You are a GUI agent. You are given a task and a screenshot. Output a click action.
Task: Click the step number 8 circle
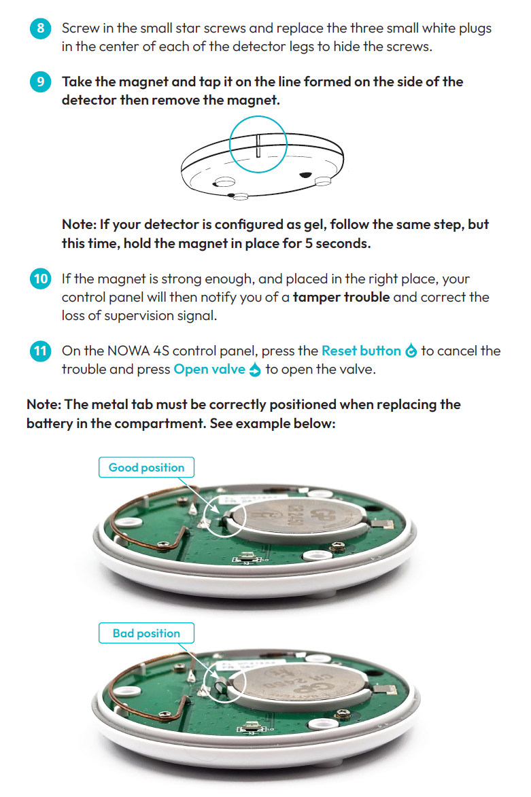40,29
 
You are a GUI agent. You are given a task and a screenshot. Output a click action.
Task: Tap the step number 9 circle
40,82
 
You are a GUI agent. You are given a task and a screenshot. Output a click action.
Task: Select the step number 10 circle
40,279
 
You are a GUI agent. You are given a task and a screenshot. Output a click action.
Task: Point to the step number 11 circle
40,351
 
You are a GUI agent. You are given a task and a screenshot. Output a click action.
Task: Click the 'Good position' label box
146,467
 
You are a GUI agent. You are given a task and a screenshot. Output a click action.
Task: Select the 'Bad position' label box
146,633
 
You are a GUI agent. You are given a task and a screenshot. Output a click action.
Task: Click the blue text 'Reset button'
361,351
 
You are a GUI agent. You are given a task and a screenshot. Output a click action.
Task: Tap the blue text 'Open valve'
209,369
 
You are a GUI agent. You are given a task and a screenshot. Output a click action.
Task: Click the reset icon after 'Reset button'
411,351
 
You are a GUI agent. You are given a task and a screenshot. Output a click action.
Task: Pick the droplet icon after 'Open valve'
255,370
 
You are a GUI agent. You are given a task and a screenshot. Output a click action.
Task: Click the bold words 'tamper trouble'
341,298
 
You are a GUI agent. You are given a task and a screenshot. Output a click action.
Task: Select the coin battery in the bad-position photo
296,684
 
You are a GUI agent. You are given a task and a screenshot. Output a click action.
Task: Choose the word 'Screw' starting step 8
80,29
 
